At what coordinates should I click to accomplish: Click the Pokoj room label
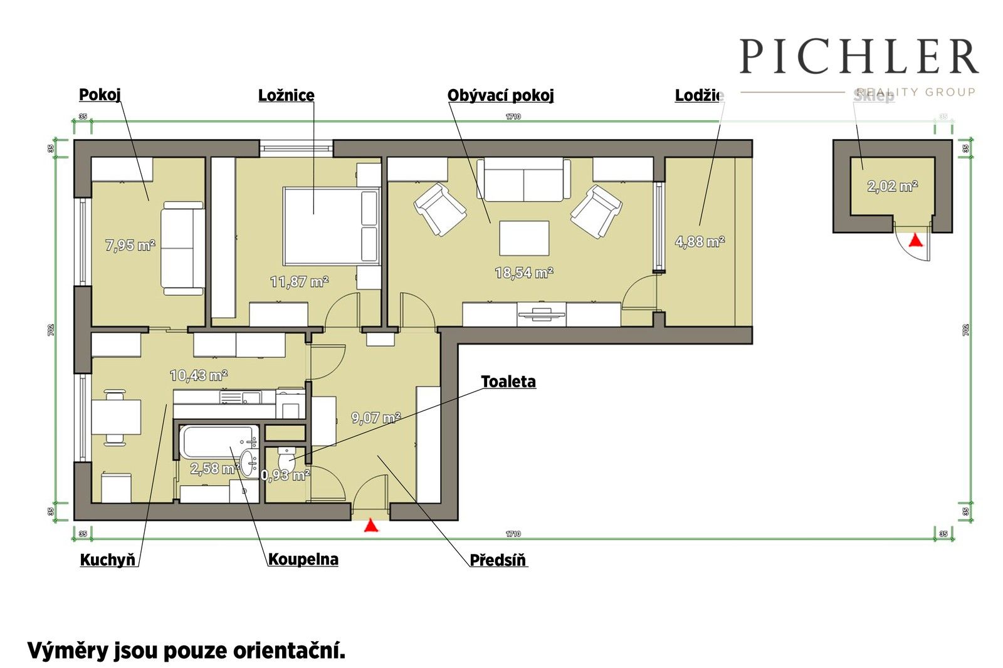(x=100, y=95)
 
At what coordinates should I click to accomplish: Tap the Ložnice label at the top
(x=286, y=95)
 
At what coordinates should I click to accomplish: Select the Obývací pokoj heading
(x=500, y=95)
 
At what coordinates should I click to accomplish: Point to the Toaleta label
(x=508, y=382)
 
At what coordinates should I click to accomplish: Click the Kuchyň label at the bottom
(x=108, y=560)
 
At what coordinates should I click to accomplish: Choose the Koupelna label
(x=303, y=559)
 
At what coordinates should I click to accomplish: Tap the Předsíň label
(x=498, y=560)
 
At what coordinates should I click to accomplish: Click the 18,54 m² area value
(x=523, y=273)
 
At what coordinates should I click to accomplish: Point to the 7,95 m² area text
(x=130, y=245)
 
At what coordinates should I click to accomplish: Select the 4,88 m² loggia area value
(x=700, y=241)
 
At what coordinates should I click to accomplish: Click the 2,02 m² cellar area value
(x=892, y=186)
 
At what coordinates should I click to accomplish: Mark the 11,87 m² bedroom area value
(x=299, y=282)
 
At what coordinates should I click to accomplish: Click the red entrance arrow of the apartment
(x=371, y=525)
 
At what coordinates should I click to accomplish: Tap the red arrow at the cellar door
(x=916, y=239)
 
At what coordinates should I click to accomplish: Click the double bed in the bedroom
(x=331, y=226)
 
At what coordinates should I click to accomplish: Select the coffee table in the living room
(x=524, y=238)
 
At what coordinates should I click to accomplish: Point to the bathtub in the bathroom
(x=218, y=441)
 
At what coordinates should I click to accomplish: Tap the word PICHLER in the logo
(x=858, y=56)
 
